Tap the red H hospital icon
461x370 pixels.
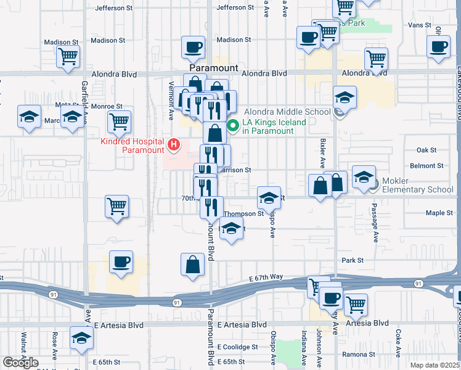(x=174, y=146)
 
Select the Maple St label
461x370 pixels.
(x=439, y=213)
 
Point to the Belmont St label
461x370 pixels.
(x=430, y=165)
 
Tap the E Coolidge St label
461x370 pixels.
(x=242, y=347)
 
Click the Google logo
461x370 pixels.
(x=21, y=363)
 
